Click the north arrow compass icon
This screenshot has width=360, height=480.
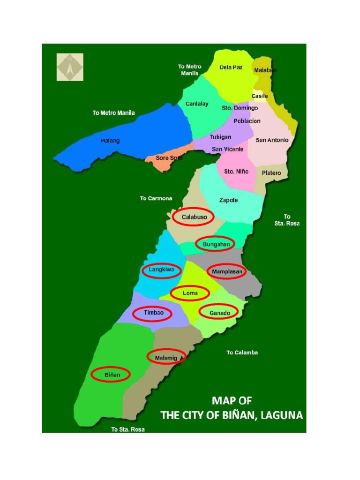[70, 67]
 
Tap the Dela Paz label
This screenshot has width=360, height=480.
[231, 67]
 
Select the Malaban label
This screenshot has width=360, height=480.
[265, 70]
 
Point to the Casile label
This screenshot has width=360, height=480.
[259, 96]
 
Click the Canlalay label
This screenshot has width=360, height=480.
[197, 104]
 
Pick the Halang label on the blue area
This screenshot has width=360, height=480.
[110, 141]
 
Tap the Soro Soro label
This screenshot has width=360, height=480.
[169, 158]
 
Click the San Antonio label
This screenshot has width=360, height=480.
[272, 140]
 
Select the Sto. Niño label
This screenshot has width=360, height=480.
[236, 172]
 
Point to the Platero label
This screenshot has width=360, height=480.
[271, 173]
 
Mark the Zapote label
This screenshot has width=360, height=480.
[229, 200]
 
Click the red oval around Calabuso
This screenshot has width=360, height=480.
[193, 217]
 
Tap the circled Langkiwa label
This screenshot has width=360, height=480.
[161, 270]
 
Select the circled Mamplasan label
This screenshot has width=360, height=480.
[226, 271]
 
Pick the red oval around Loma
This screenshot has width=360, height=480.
[190, 293]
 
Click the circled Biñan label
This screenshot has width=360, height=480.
[111, 375]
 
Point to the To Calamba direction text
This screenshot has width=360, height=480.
[242, 352]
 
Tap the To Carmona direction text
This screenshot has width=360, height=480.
[156, 198]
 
